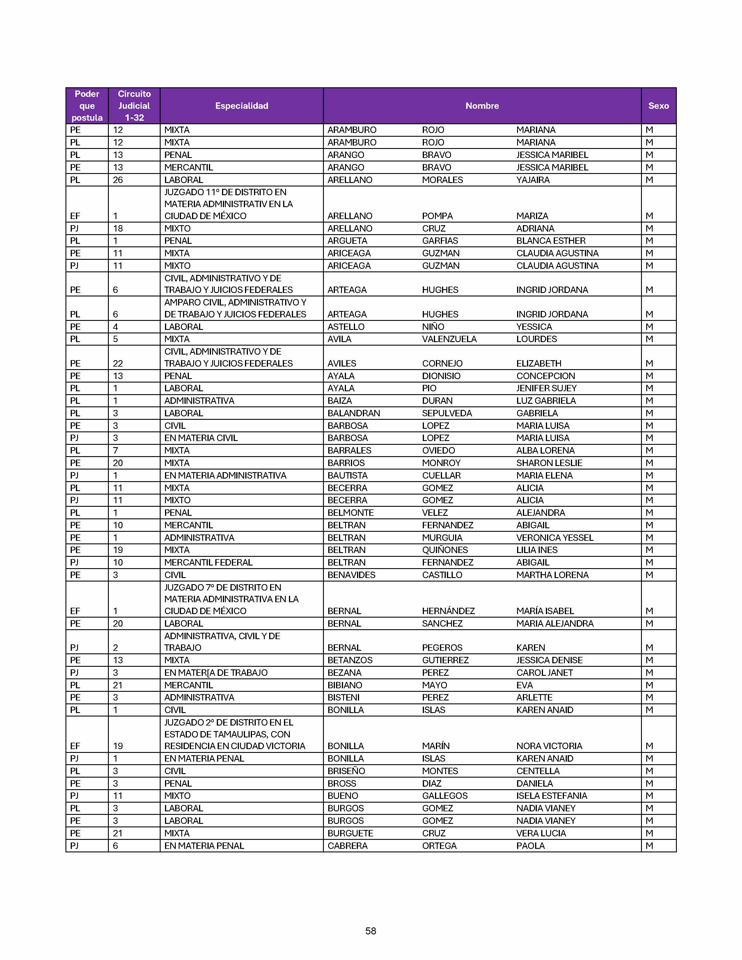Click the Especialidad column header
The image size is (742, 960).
click(x=241, y=106)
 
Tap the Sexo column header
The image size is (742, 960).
click(x=658, y=106)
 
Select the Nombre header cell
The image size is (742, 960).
click(x=482, y=106)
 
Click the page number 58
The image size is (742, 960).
click(x=370, y=931)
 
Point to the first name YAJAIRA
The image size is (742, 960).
click(x=533, y=180)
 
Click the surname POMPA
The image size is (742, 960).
click(x=437, y=216)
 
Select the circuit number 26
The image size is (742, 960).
click(x=118, y=180)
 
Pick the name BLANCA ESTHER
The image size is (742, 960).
click(x=551, y=241)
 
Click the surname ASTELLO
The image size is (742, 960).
click(x=346, y=327)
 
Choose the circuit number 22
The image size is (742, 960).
click(x=118, y=364)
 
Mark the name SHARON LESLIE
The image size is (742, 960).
click(x=549, y=463)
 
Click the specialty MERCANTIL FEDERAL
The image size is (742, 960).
click(x=208, y=562)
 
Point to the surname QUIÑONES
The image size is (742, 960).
click(x=445, y=550)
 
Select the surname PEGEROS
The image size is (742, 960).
click(x=442, y=648)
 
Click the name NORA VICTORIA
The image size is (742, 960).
click(x=549, y=746)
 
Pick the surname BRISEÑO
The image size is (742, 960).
click(x=346, y=771)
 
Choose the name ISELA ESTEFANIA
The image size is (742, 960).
click(x=552, y=796)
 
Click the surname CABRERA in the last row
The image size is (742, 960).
click(x=347, y=846)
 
